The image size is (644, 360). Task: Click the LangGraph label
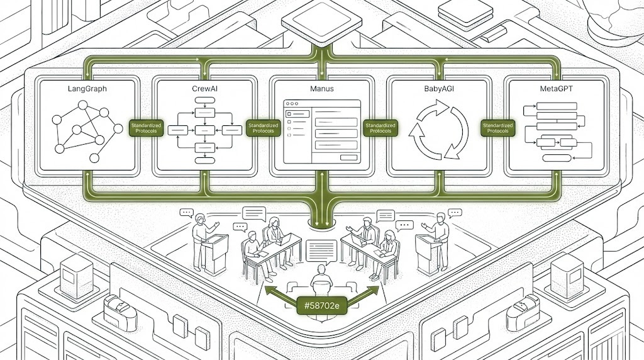(87, 89)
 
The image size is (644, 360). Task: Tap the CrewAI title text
(204, 89)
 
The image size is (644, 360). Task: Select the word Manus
(321, 89)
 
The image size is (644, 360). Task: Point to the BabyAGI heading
(439, 89)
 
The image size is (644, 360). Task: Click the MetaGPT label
(556, 89)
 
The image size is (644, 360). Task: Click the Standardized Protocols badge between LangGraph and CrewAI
(145, 128)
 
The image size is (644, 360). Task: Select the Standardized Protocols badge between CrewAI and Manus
(263, 128)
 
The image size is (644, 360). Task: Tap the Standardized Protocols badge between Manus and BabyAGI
(380, 128)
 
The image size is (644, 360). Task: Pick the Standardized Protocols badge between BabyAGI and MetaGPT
(497, 128)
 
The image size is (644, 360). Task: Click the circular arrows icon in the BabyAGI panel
(439, 131)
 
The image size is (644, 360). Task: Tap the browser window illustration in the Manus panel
(321, 131)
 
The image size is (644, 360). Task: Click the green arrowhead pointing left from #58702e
(269, 290)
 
